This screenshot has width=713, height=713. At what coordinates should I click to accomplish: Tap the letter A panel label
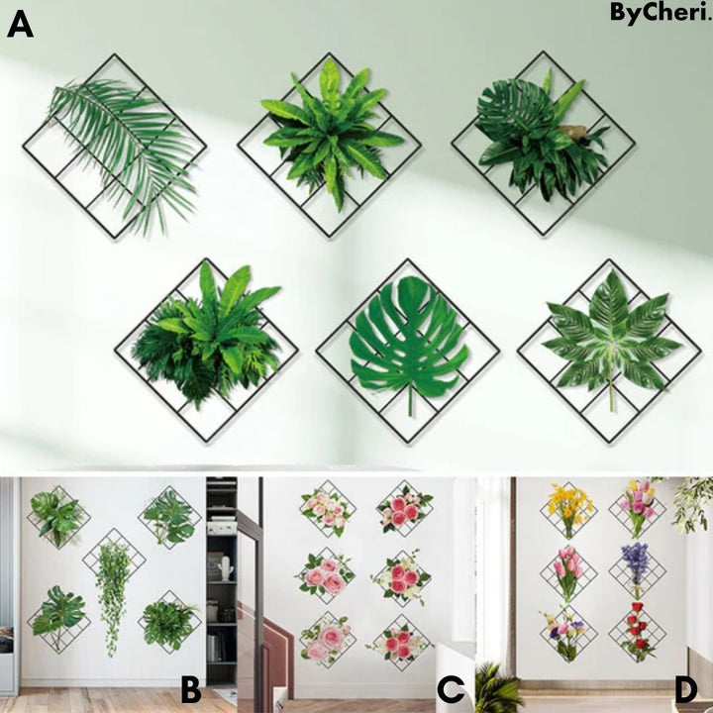pyautogui.click(x=20, y=25)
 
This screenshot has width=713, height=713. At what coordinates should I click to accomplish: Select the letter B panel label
pyautogui.click(x=190, y=690)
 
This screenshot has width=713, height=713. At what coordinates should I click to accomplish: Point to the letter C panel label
pyautogui.click(x=452, y=689)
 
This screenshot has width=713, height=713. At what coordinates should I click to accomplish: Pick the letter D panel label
pyautogui.click(x=686, y=690)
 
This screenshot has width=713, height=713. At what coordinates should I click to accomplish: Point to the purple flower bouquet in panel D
pyautogui.click(x=636, y=568)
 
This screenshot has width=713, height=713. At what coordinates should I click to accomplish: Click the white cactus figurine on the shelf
pyautogui.click(x=226, y=567)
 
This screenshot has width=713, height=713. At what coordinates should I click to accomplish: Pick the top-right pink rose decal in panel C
pyautogui.click(x=403, y=508)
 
